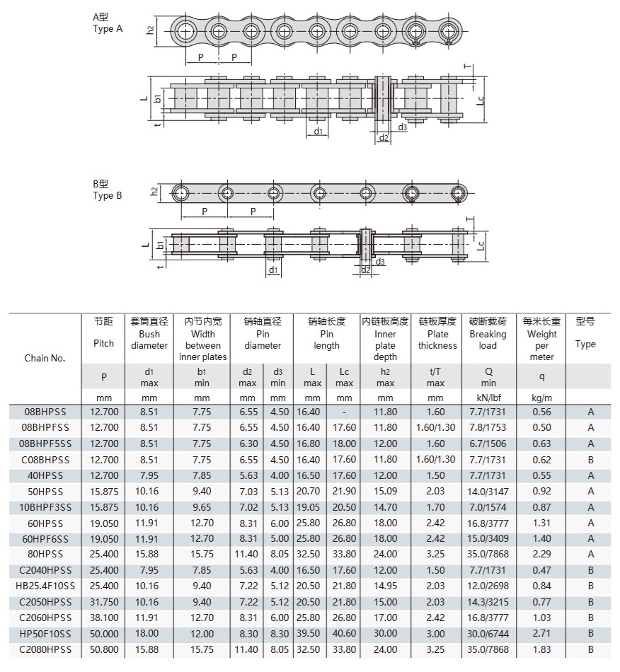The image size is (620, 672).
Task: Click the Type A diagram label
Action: [x=108, y=23]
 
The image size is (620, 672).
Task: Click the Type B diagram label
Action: [x=108, y=190]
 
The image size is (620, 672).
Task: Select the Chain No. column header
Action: [x=45, y=358]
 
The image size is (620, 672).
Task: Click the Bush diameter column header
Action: [x=149, y=335]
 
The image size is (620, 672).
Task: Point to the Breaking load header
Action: [x=488, y=335]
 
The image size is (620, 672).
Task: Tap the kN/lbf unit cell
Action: [x=488, y=398]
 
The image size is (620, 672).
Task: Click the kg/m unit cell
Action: [x=541, y=398]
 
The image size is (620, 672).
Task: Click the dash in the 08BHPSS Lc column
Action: [x=344, y=412]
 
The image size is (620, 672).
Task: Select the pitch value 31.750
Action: [x=104, y=603]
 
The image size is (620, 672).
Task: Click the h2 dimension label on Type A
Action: [x=151, y=30]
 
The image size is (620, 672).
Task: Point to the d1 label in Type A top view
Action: [x=318, y=132]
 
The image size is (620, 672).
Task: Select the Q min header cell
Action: [x=488, y=377]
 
